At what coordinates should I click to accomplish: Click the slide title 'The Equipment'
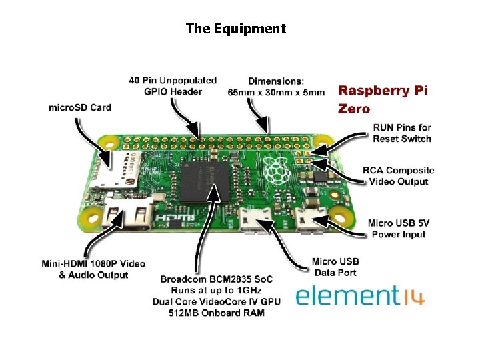coord(235,29)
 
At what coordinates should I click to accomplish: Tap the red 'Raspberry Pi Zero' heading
coord(382,99)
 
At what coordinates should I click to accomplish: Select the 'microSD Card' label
coord(79,107)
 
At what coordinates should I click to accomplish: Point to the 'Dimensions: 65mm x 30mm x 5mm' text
coord(276,86)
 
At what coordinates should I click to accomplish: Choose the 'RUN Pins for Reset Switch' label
coord(401,133)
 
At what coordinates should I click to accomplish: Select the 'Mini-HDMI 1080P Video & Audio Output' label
coord(93,269)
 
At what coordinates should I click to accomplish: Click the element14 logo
coord(360,295)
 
